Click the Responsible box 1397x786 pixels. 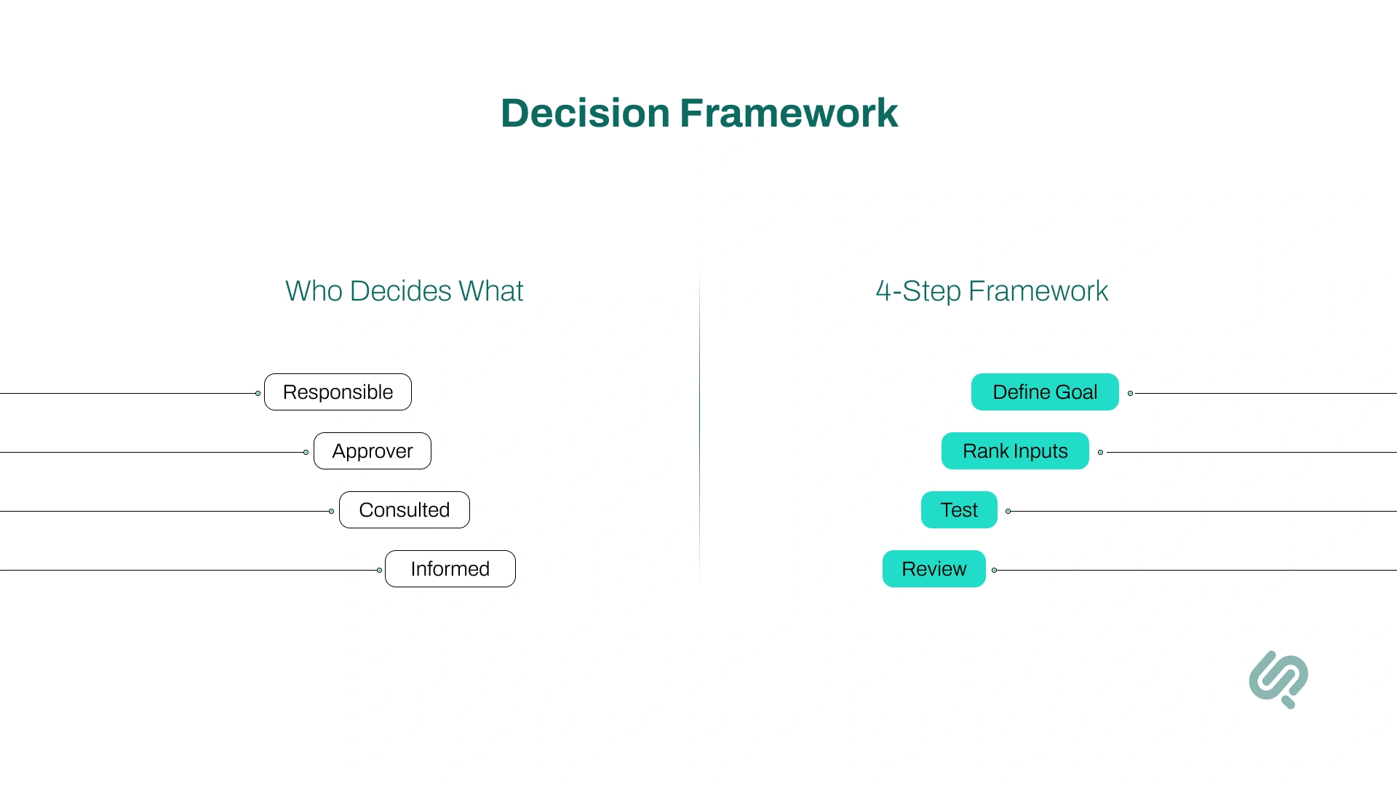point(338,392)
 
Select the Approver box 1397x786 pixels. point(373,451)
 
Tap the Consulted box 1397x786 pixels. point(405,510)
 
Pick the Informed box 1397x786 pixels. point(450,569)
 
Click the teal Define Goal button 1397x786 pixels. point(1045,392)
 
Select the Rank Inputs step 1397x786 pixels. point(1015,451)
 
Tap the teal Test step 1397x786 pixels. point(959,510)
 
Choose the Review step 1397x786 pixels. point(934,569)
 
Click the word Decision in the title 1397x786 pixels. point(585,114)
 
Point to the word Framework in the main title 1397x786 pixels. point(789,114)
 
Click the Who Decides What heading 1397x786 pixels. point(404,291)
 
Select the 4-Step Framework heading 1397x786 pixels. point(992,291)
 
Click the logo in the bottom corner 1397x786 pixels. point(1278,679)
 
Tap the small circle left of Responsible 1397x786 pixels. point(258,394)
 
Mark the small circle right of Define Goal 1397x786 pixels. point(1130,394)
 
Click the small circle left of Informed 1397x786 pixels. point(379,571)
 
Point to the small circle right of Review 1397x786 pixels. point(994,571)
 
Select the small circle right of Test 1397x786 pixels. point(1008,512)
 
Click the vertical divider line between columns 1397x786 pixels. point(699,429)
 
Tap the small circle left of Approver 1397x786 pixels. point(306,453)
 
